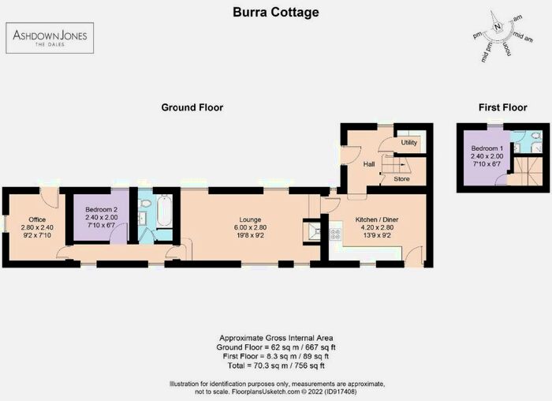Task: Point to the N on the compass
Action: (498, 26)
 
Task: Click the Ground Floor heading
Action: (192, 107)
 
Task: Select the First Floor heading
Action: (502, 107)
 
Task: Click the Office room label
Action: (38, 219)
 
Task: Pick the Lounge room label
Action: (251, 219)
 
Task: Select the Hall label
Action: (368, 164)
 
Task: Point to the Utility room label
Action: (408, 143)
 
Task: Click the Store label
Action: (401, 179)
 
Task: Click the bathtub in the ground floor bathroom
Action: (164, 212)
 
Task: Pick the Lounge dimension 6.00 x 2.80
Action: (251, 227)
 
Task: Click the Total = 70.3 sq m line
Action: (276, 365)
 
